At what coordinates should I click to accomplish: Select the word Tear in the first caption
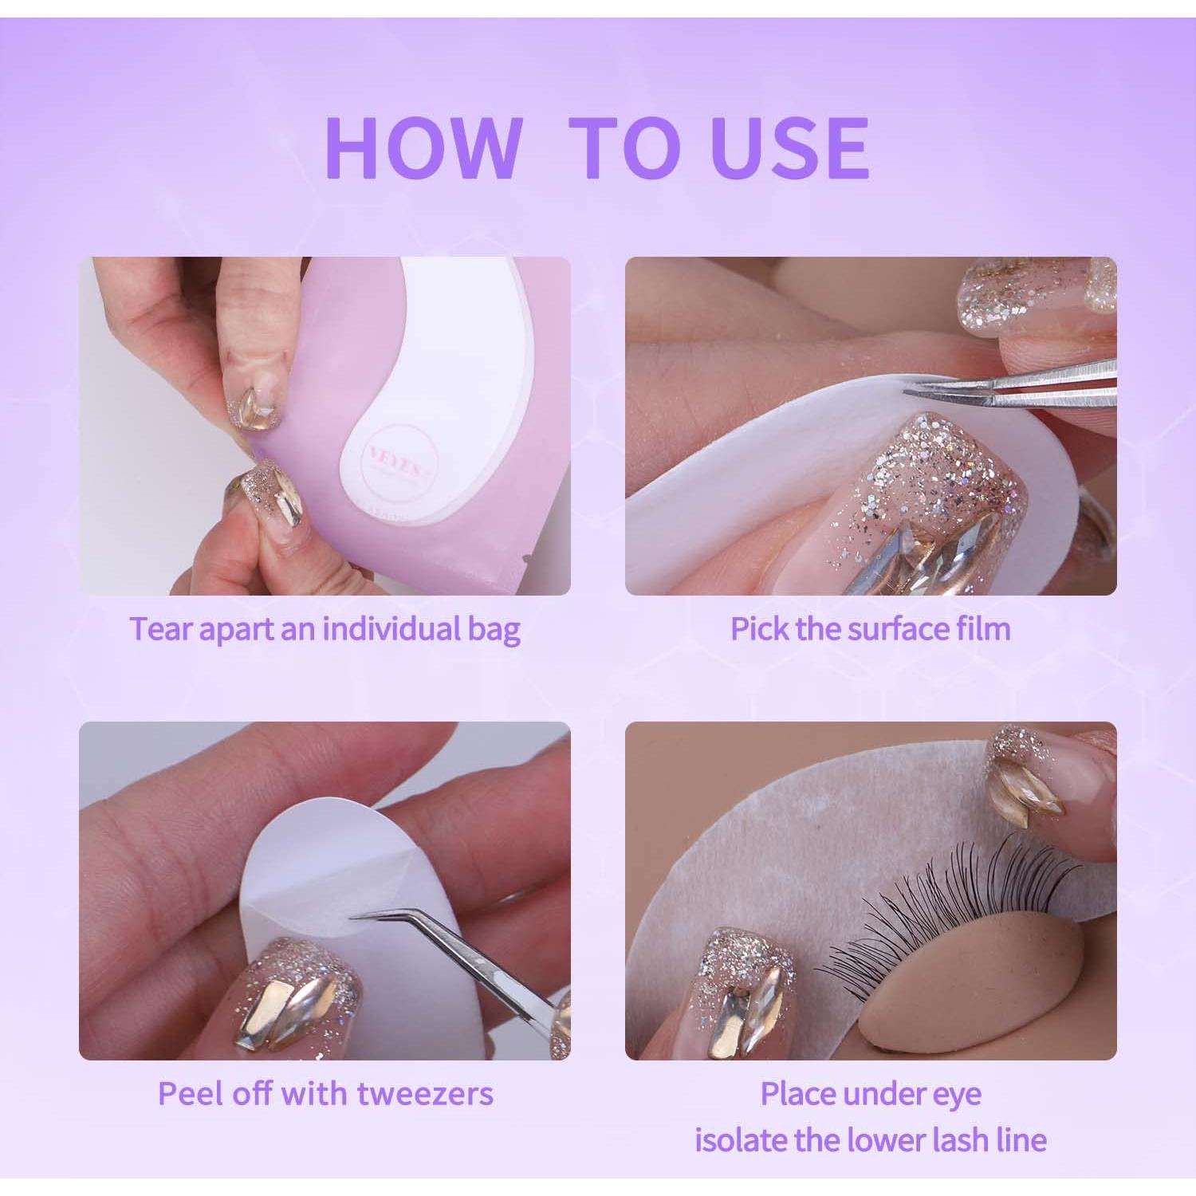point(162,629)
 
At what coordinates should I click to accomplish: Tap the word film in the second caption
point(984,628)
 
